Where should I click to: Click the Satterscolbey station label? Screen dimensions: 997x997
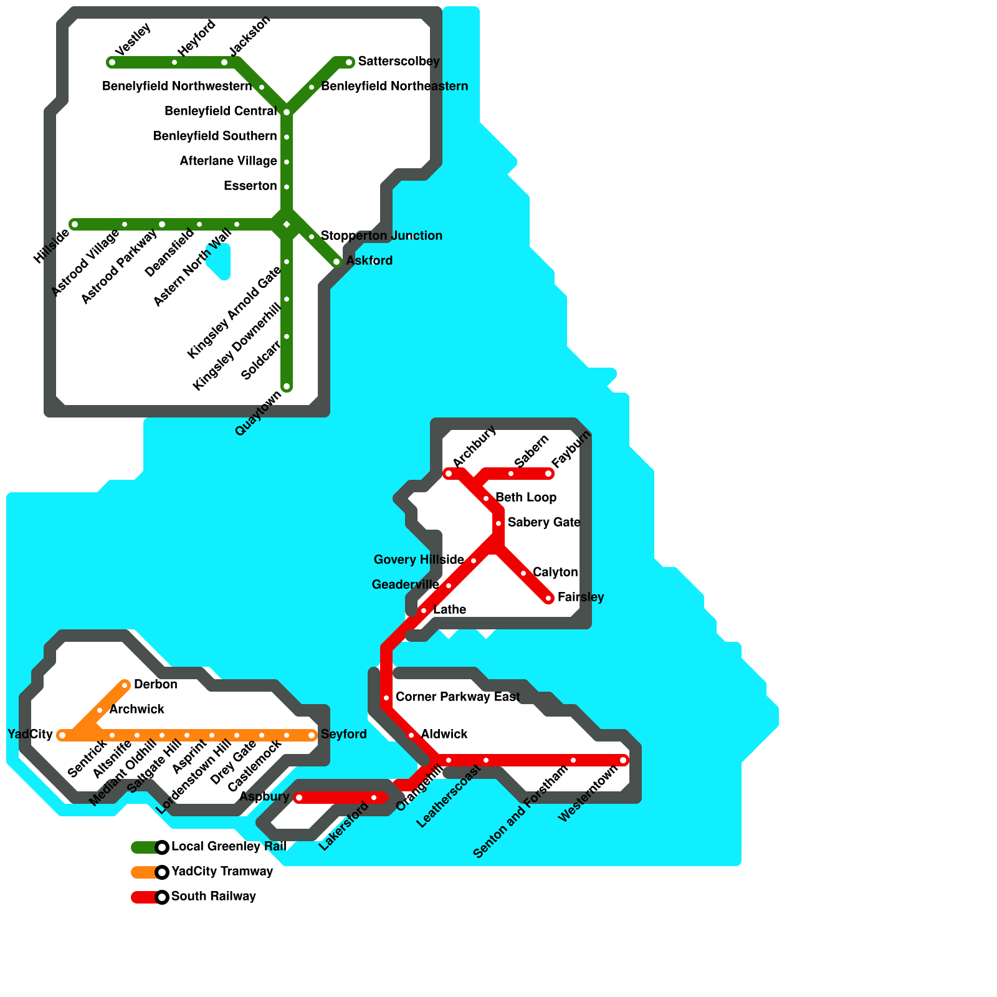pyautogui.click(x=399, y=62)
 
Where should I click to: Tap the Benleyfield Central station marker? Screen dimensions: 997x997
pyautogui.click(x=287, y=112)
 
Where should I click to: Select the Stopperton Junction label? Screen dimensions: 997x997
pyautogui.click(x=381, y=236)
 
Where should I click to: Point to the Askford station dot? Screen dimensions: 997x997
pyautogui.click(x=336, y=262)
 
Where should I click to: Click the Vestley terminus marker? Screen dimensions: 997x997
pyautogui.click(x=112, y=62)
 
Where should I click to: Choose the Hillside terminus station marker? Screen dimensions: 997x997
pyautogui.click(x=75, y=224)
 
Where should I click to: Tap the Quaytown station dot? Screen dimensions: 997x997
pyautogui.click(x=287, y=386)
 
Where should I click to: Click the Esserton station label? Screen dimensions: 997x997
pyautogui.click(x=250, y=186)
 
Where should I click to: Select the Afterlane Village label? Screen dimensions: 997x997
pyautogui.click(x=228, y=161)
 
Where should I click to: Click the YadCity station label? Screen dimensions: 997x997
pyautogui.click(x=30, y=735)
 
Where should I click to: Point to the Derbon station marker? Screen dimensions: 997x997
pyautogui.click(x=125, y=685)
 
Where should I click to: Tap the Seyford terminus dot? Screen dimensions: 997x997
pyautogui.click(x=312, y=735)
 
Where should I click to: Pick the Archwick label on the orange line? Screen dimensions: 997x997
pyautogui.click(x=136, y=710)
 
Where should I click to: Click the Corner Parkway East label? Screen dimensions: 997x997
pyautogui.click(x=457, y=697)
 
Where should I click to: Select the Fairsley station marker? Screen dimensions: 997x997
pyautogui.click(x=548, y=598)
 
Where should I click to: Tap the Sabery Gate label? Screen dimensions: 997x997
pyautogui.click(x=543, y=523)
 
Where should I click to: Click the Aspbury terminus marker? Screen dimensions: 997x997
pyautogui.click(x=299, y=798)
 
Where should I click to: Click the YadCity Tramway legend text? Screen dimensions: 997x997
pyautogui.click(x=222, y=872)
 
